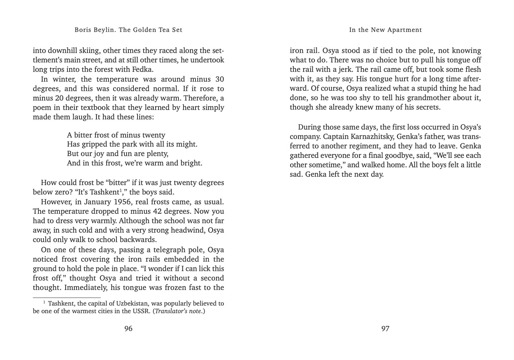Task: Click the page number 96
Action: [x=128, y=329]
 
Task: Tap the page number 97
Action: [x=385, y=329]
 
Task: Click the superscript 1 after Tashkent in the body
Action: [x=120, y=190]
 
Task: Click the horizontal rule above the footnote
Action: [x=66, y=297]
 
